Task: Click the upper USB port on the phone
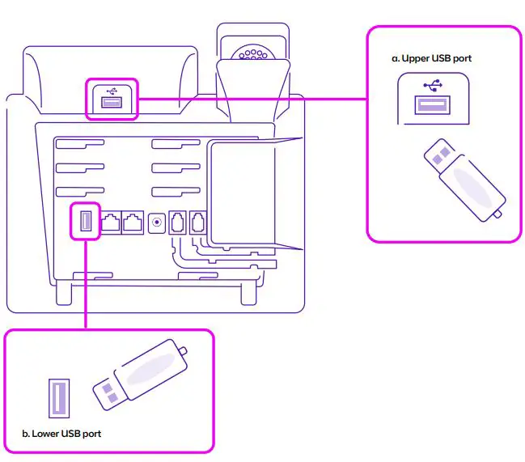click(112, 103)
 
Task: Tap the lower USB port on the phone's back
click(85, 221)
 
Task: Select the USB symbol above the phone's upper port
click(112, 90)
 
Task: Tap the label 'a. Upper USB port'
click(430, 58)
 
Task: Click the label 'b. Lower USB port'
click(61, 434)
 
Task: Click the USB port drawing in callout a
click(432, 105)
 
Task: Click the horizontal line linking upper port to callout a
click(251, 99)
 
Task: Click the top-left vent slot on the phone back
click(80, 146)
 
